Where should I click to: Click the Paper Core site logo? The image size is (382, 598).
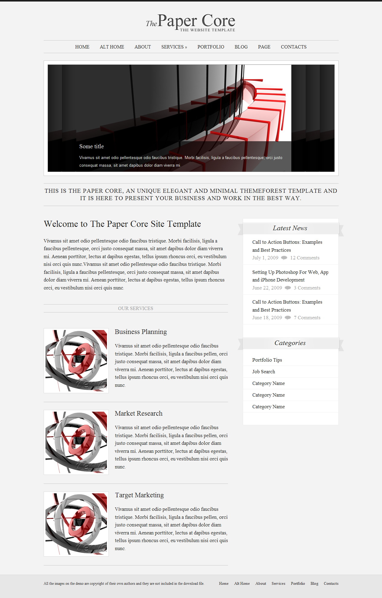click(x=191, y=22)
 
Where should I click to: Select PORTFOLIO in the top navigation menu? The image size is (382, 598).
click(x=211, y=47)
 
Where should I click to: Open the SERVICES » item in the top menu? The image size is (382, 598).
click(x=174, y=47)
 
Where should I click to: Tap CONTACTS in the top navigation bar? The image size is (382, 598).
click(x=293, y=47)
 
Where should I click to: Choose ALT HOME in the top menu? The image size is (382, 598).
click(x=112, y=47)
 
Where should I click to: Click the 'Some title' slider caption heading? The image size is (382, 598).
click(x=92, y=146)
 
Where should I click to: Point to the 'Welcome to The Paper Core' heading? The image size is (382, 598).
click(x=122, y=224)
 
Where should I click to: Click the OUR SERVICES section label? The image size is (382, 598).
click(x=136, y=308)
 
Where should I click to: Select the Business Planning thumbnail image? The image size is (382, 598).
click(x=76, y=361)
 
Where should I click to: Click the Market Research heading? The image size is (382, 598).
click(x=139, y=414)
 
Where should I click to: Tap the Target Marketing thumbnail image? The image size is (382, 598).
click(x=76, y=524)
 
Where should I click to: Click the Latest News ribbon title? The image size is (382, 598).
click(x=290, y=228)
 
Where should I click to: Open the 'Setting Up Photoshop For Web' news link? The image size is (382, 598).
click(x=290, y=276)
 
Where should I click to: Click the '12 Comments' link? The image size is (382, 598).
click(x=305, y=258)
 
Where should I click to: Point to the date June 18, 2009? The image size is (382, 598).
click(x=267, y=318)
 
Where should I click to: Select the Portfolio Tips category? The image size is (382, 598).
click(x=267, y=360)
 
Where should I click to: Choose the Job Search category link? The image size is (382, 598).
click(x=264, y=372)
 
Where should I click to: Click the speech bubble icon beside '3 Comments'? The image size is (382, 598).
click(x=288, y=288)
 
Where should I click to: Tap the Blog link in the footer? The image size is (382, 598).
click(x=314, y=584)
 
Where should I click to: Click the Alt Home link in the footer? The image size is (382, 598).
click(x=242, y=584)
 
